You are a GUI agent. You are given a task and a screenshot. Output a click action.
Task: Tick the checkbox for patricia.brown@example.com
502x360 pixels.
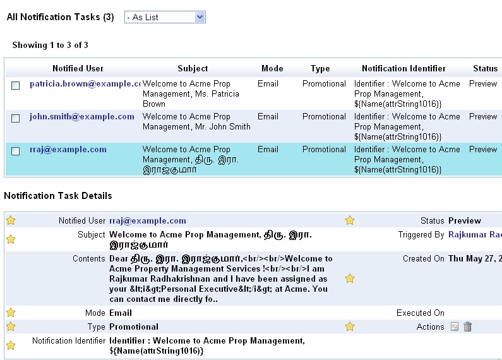tap(16, 85)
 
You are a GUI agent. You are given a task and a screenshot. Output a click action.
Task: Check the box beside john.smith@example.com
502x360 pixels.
tap(16, 118)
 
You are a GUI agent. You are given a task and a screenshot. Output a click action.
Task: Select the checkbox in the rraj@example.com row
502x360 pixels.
tap(16, 151)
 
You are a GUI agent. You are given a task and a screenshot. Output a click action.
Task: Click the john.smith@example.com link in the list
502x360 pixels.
tap(82, 117)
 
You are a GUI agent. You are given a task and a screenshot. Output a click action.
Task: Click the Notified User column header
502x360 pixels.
tap(78, 68)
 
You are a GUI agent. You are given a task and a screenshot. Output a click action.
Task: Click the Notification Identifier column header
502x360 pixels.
tap(403, 68)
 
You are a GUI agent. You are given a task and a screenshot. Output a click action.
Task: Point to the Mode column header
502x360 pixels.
tap(272, 68)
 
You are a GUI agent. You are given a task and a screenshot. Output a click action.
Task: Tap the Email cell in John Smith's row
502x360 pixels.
tap(268, 117)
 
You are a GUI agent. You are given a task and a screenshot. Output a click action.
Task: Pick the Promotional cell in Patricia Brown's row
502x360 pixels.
tap(324, 84)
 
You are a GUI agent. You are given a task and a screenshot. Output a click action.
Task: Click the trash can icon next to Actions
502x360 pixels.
tap(467, 327)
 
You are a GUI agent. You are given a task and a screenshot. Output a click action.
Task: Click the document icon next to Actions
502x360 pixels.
tap(455, 327)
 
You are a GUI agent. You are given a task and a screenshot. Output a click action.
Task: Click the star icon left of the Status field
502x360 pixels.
tap(350, 220)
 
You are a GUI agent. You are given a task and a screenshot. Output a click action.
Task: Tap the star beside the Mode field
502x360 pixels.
tap(11, 313)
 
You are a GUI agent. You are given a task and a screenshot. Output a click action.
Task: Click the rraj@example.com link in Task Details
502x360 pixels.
tap(148, 221)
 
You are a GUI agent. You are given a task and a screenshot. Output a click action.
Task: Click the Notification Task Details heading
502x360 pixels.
tap(58, 196)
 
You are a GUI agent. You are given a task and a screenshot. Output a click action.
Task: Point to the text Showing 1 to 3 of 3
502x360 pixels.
tap(51, 45)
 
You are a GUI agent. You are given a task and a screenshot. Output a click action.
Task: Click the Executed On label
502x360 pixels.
tap(421, 313)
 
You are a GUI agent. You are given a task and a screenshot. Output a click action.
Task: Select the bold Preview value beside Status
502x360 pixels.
tap(465, 221)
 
